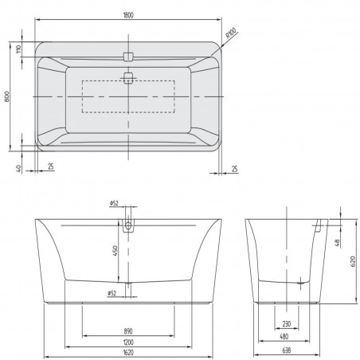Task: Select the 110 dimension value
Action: tap(18, 50)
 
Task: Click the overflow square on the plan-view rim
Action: tap(128, 56)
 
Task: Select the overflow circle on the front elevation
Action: tap(128, 226)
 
